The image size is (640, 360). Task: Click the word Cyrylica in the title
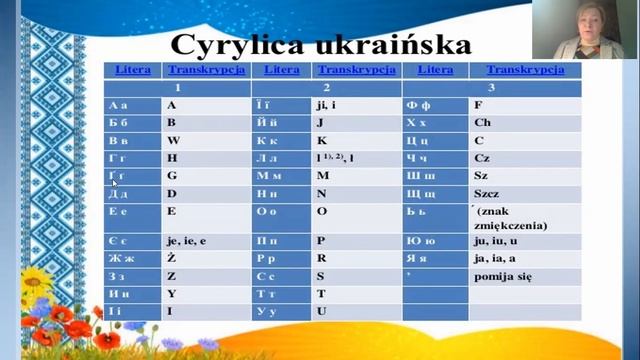237,45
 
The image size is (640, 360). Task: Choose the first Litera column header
133,70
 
